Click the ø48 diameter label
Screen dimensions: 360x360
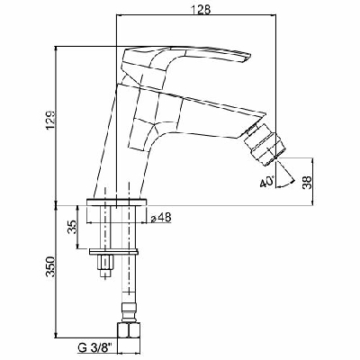[162, 218]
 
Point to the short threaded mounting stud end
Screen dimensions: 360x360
[105, 265]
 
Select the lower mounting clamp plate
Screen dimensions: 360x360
[118, 248]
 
